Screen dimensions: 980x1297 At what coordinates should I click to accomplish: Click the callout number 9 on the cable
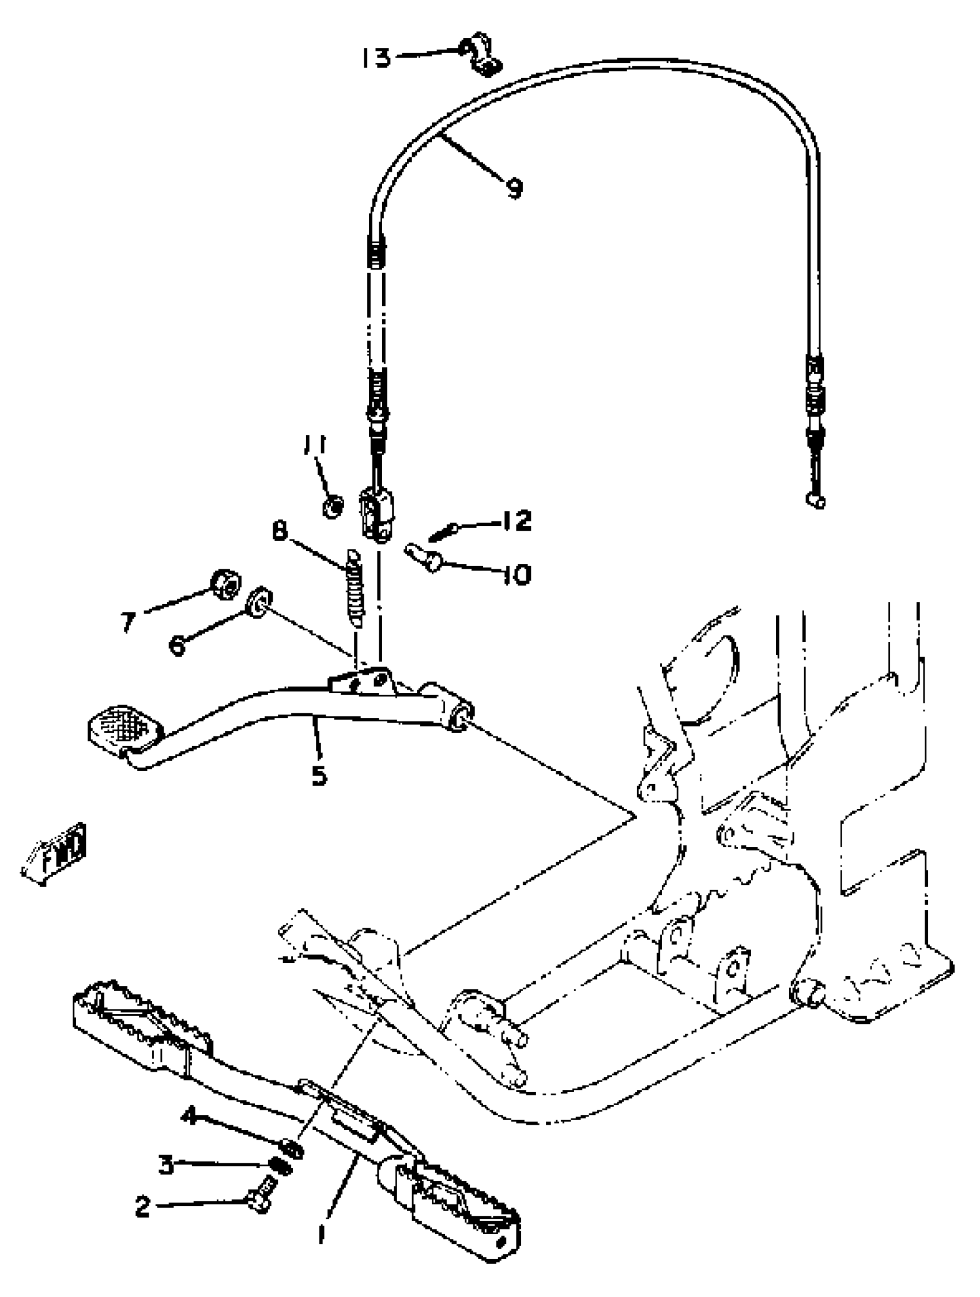pos(514,188)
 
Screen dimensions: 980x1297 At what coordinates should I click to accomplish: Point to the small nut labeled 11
pos(333,504)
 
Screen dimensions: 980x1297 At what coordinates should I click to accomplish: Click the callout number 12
pos(515,520)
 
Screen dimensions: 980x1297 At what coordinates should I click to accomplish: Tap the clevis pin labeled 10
pos(422,556)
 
